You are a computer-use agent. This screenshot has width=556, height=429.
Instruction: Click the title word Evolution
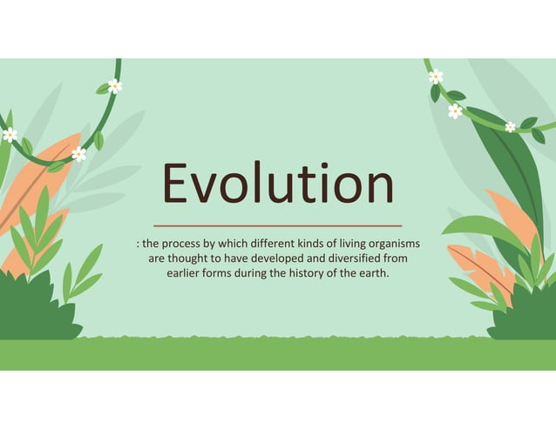(x=278, y=185)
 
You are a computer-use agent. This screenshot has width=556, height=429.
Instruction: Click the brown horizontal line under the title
(x=277, y=225)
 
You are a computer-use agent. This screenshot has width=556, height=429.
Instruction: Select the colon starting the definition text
(x=138, y=244)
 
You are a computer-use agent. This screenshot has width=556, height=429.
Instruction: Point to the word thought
(x=189, y=258)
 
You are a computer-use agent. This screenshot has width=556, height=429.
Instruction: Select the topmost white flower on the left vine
(x=114, y=85)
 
